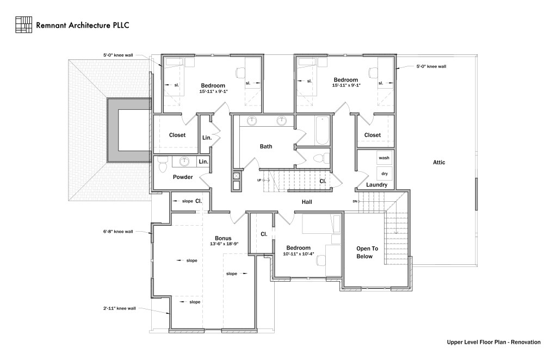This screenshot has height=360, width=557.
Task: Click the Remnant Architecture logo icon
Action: point(24,24)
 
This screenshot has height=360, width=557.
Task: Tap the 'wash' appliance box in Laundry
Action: point(384,158)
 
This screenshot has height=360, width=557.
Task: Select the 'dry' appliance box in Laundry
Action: point(384,173)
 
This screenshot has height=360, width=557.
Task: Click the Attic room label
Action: point(439,162)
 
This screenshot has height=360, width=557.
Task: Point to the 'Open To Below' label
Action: point(367,252)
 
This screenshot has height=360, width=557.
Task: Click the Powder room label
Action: point(183,177)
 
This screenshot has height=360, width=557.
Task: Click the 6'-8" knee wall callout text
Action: point(118,231)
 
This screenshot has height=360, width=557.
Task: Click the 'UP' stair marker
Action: point(260,180)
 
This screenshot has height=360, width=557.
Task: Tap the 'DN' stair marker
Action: point(355,201)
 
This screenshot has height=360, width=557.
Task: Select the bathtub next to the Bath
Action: point(322,131)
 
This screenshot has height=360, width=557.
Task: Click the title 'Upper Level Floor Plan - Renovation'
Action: point(493,342)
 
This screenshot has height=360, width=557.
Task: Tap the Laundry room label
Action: point(376,185)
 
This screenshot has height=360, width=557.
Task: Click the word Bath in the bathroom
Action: point(265,146)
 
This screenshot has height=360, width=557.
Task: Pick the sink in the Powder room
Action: point(184,162)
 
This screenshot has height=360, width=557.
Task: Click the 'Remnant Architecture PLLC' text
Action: point(82,25)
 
